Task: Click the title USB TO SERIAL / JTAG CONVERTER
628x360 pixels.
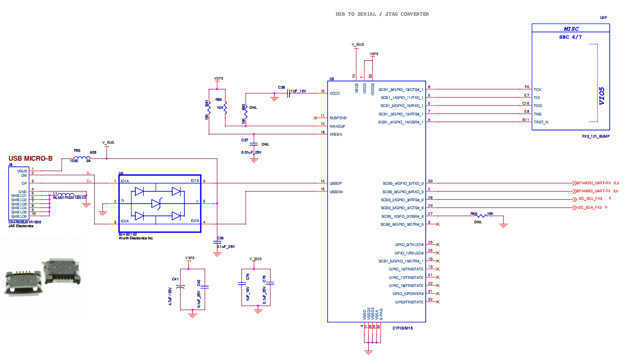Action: [382, 14]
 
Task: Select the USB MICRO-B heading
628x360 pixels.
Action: [31, 158]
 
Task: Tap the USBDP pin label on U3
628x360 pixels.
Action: [336, 182]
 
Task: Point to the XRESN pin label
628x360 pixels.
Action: [336, 134]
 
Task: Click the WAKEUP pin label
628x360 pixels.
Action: [337, 126]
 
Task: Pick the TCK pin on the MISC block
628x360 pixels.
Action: [537, 90]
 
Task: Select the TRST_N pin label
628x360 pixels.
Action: [541, 122]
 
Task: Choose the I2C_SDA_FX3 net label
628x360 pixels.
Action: [590, 207]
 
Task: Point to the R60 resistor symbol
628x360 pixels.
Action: [481, 216]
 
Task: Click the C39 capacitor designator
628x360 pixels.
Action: [220, 238]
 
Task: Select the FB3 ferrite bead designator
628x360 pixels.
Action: [77, 151]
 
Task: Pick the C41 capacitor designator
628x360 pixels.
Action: [175, 279]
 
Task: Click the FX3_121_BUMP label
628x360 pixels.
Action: [595, 137]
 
